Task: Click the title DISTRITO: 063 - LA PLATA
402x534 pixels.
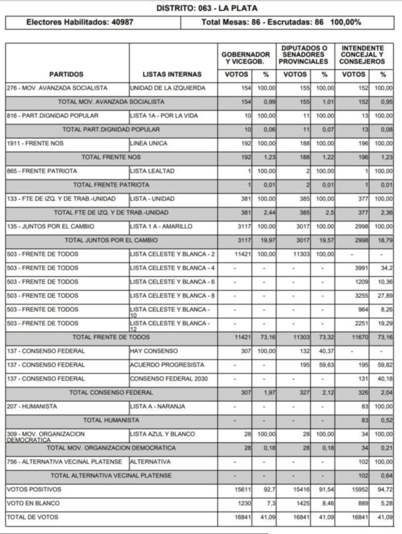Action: tap(206, 8)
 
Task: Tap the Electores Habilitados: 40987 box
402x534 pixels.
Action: tap(80, 22)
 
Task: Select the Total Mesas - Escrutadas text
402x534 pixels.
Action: tap(281, 22)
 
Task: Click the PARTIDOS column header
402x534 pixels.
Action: tap(67, 74)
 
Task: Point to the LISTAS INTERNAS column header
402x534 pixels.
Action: tap(172, 74)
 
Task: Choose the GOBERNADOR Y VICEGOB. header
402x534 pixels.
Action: tap(245, 58)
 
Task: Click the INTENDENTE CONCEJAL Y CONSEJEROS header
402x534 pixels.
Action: tap(362, 55)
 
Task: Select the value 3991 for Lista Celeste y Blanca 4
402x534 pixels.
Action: tap(360, 268)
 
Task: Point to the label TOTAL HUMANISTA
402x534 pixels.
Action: tap(111, 420)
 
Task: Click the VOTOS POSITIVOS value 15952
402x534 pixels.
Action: tap(359, 489)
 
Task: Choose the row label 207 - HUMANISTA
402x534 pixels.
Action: tap(32, 406)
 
